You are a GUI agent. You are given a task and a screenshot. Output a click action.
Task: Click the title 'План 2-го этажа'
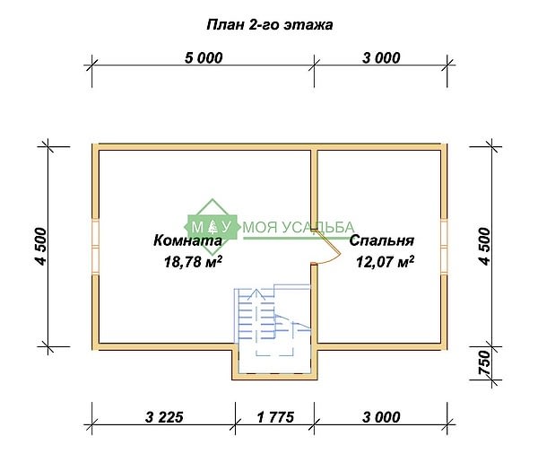270,25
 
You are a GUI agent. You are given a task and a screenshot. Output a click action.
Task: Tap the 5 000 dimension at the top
204,57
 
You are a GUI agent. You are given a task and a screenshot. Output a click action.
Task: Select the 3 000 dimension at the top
381,57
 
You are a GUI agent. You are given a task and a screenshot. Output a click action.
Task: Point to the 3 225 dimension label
164,417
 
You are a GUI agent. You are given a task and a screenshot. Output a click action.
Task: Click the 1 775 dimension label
275,417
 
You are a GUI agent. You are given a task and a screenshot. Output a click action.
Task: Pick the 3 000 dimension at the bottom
381,417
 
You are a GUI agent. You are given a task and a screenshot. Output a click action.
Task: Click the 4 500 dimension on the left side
40,246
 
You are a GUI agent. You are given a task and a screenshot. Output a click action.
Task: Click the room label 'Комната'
187,240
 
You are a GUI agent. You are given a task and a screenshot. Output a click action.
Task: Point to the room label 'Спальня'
382,240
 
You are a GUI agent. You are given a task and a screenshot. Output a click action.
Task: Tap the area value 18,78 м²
193,262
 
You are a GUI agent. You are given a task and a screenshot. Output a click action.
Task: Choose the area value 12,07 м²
385,262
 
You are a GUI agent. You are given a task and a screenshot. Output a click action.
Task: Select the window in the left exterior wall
95,247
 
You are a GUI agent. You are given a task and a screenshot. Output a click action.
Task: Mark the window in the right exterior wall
444,247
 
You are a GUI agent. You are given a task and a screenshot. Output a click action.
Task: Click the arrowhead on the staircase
256,294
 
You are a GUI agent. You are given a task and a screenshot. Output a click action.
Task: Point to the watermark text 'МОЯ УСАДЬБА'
299,227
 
